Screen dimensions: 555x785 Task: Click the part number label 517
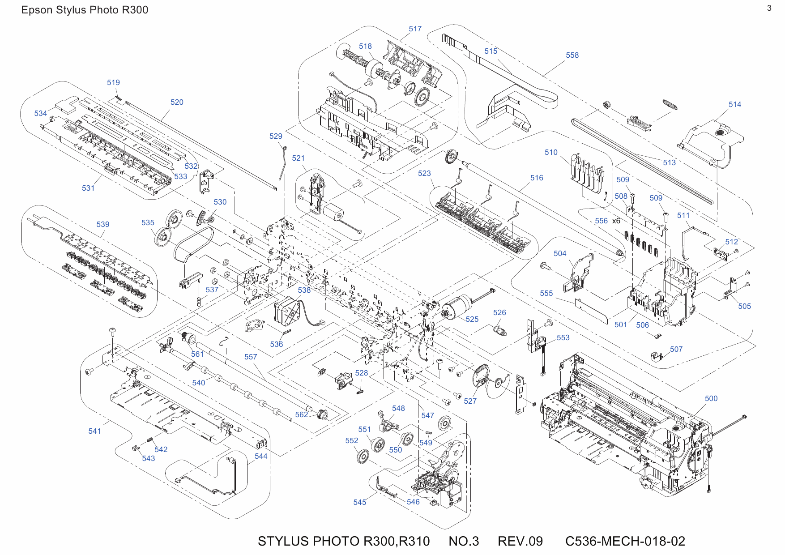pyautogui.click(x=415, y=29)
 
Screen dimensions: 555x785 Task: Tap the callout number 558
pyautogui.click(x=572, y=55)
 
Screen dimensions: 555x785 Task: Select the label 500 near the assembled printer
pyautogui.click(x=711, y=398)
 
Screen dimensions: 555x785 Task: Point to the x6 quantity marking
pyautogui.click(x=616, y=221)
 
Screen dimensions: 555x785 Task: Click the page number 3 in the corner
pyautogui.click(x=769, y=8)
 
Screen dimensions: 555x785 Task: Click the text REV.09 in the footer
pyautogui.click(x=520, y=541)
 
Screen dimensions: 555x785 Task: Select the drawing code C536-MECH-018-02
pyautogui.click(x=625, y=541)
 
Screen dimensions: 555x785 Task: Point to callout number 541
pyautogui.click(x=94, y=431)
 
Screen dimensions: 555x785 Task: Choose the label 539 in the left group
pyautogui.click(x=102, y=224)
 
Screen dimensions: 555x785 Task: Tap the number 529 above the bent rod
pyautogui.click(x=276, y=136)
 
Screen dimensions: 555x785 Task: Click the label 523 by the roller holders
pyautogui.click(x=424, y=173)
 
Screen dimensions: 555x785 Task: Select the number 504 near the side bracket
pyautogui.click(x=559, y=253)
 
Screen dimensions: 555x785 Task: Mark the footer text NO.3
pyautogui.click(x=464, y=541)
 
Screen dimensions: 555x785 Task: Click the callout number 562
pyautogui.click(x=301, y=414)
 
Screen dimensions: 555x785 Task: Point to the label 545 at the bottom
pyautogui.click(x=359, y=502)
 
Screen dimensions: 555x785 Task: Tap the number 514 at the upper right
pyautogui.click(x=734, y=104)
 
